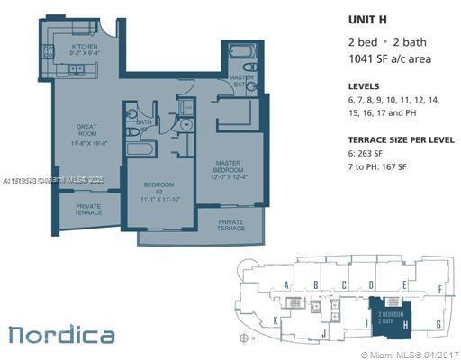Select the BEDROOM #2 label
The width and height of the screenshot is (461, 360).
click(x=160, y=193)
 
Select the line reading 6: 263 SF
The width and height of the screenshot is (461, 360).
click(x=370, y=154)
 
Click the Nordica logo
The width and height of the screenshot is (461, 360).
click(x=61, y=335)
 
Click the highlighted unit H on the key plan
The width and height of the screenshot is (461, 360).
click(x=392, y=315)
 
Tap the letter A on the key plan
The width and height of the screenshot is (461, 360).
click(x=286, y=285)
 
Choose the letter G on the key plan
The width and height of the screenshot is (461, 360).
click(x=438, y=323)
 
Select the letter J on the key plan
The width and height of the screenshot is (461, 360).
click(x=323, y=333)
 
